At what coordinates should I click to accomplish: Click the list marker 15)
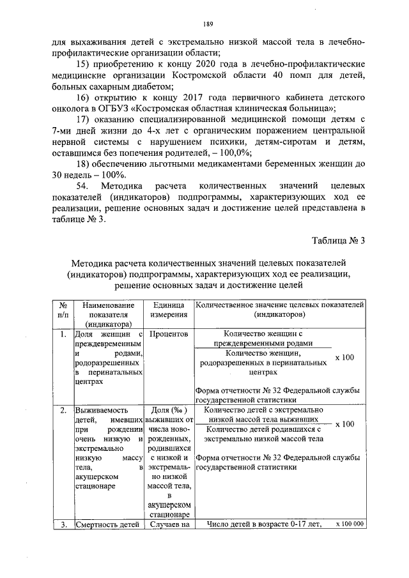pyautogui.click(x=85, y=65)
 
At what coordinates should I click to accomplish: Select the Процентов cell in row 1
pyautogui.click(x=169, y=334)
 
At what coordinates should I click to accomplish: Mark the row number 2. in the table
pyautogui.click(x=63, y=410)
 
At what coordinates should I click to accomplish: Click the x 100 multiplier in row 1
pyautogui.click(x=344, y=358)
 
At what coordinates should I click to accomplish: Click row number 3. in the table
pyautogui.click(x=63, y=525)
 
